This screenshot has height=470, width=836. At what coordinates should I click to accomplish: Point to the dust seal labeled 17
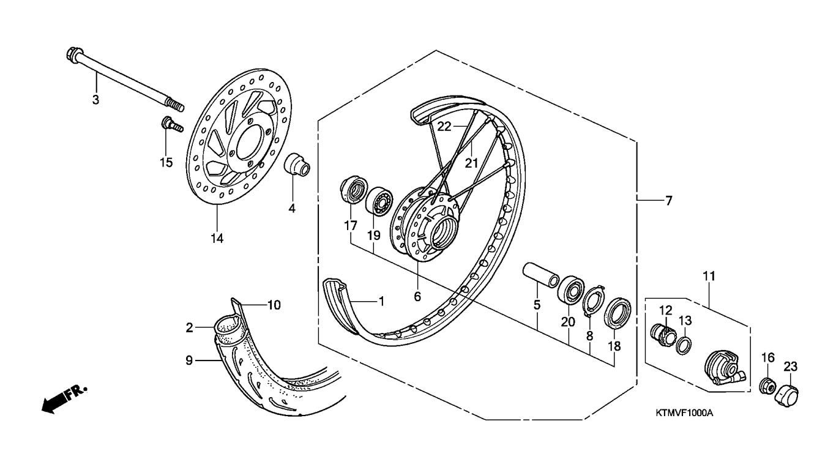(x=354, y=191)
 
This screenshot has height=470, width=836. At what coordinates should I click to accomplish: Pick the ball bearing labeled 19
(x=379, y=201)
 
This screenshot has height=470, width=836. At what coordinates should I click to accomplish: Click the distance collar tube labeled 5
(x=540, y=275)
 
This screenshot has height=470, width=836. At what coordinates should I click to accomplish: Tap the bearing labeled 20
(x=571, y=291)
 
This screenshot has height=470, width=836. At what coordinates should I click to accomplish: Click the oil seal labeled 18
(x=618, y=314)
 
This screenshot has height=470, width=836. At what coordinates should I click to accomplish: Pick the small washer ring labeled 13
(x=684, y=345)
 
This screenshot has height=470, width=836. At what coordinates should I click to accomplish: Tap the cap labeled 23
(x=787, y=396)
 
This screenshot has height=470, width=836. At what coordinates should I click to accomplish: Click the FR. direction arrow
(x=64, y=398)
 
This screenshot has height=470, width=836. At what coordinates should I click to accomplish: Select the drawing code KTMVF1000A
(x=684, y=413)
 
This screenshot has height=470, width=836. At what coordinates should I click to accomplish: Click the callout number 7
(x=668, y=201)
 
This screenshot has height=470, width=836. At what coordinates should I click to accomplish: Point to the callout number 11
(x=709, y=276)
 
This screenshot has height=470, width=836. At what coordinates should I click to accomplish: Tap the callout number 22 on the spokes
(x=444, y=127)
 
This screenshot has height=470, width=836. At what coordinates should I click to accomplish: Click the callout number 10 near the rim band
(x=274, y=305)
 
